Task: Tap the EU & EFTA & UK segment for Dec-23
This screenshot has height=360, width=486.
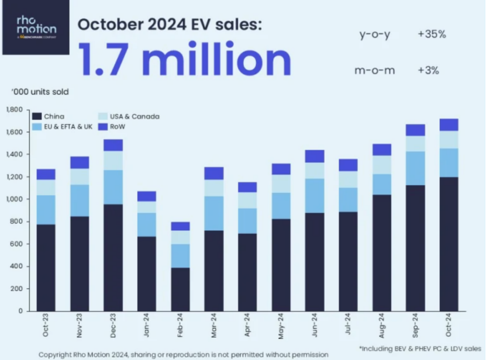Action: point(113,187)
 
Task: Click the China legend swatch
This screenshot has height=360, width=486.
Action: point(37,116)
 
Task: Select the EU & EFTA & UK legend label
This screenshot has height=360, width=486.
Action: point(68,126)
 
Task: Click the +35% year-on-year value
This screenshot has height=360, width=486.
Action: point(432,34)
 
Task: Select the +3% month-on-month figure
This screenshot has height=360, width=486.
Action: point(428,71)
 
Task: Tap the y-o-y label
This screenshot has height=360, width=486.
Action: point(374,34)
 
